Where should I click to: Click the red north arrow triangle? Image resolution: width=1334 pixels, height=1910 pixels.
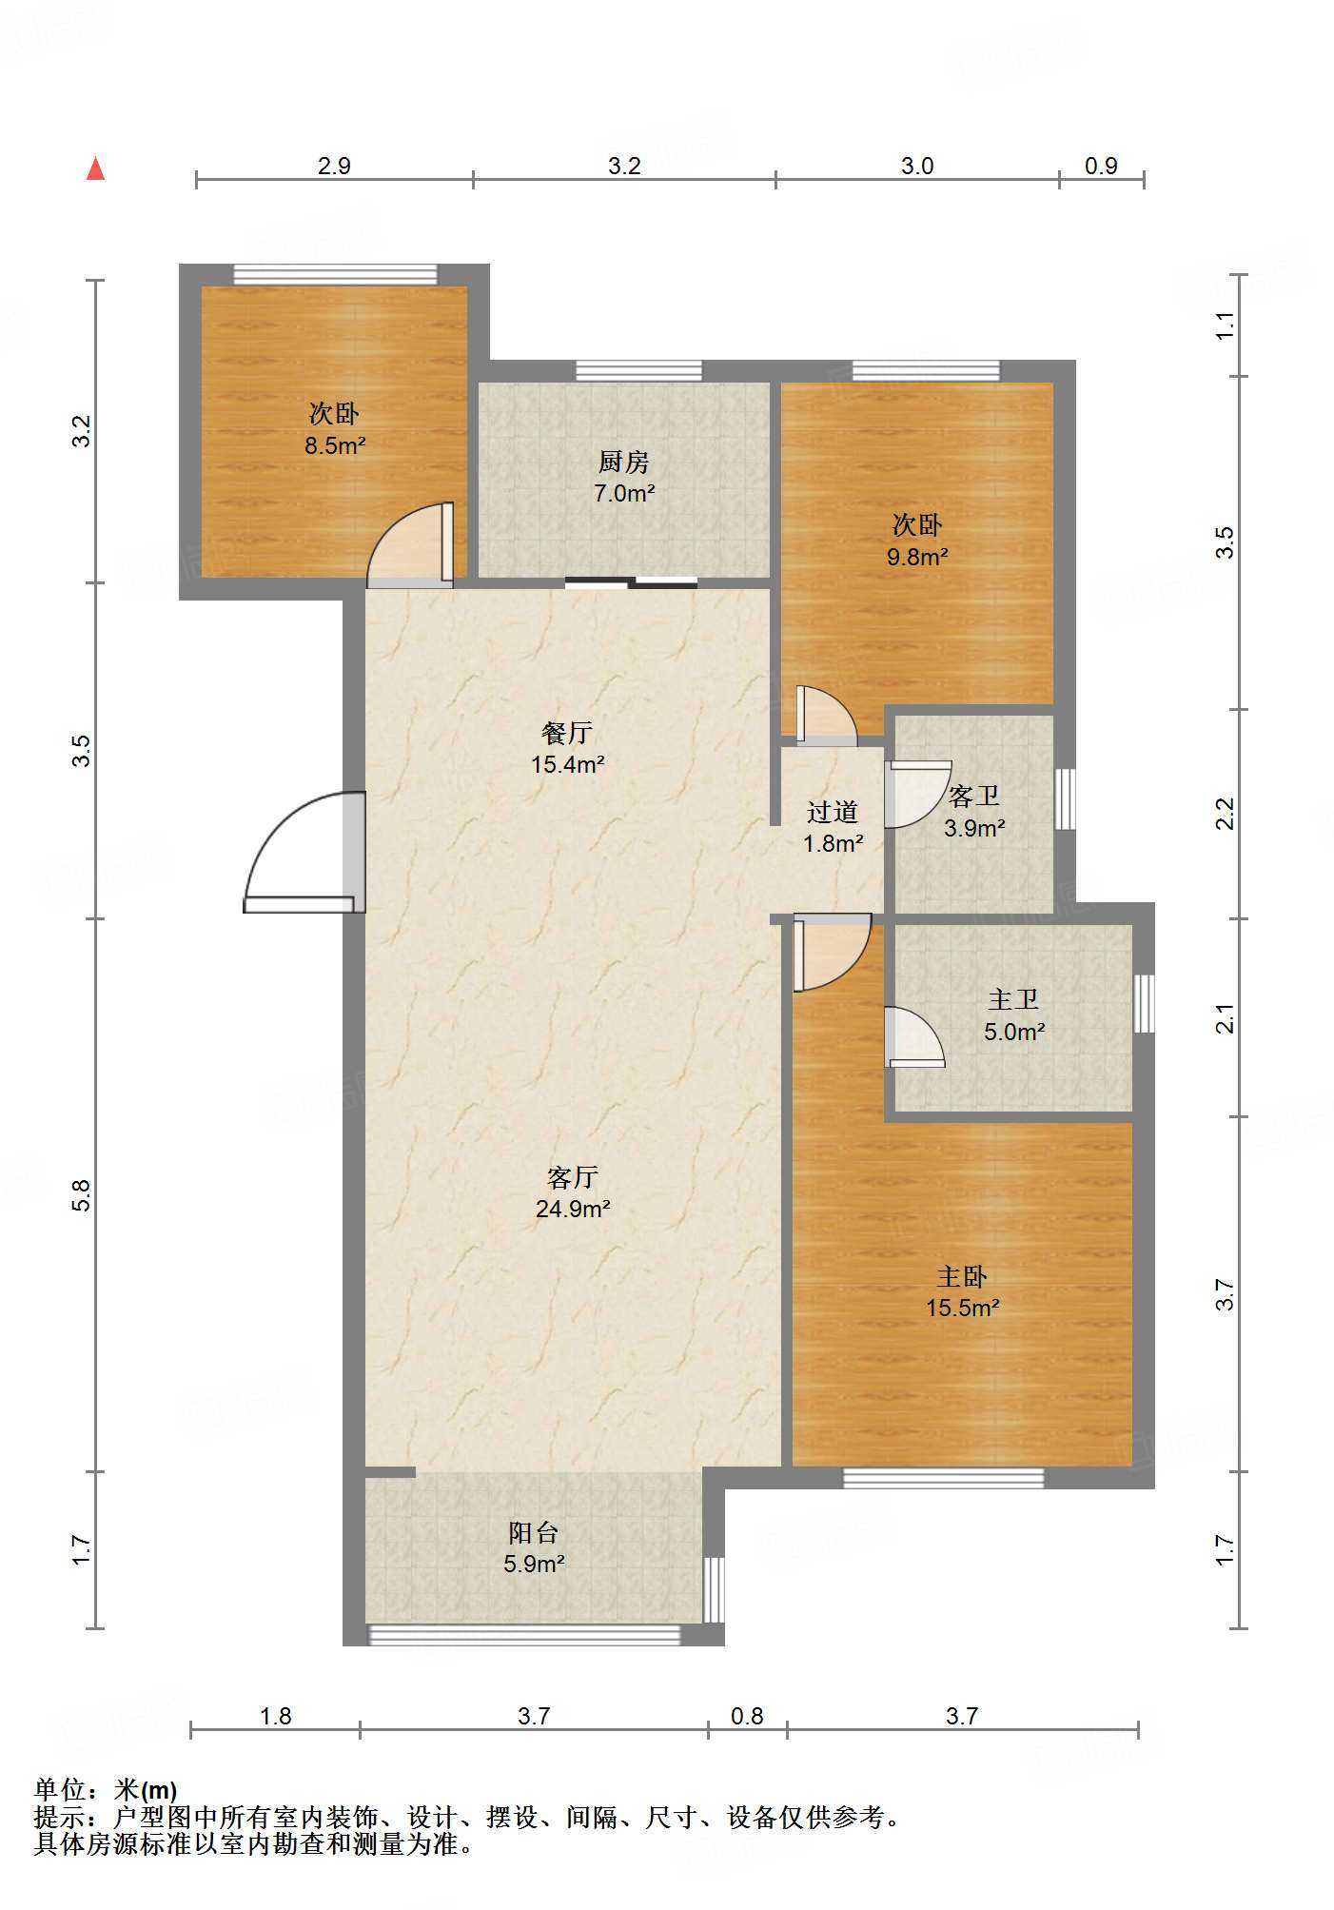coord(95,168)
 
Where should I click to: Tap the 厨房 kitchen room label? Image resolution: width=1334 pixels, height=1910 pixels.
coord(624,462)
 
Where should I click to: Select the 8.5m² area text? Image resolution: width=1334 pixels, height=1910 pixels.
coord(335,445)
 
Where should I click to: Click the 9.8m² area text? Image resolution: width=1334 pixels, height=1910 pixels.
coord(917,557)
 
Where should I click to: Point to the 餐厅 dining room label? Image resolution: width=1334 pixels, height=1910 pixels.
coord(567,733)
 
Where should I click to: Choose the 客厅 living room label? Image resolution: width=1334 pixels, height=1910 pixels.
coord(573,1177)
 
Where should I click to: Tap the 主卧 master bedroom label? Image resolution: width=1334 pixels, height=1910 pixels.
coord(962,1276)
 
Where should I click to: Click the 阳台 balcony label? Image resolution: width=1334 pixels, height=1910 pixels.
coord(534,1532)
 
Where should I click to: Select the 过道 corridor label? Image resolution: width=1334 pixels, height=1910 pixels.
coord(833,812)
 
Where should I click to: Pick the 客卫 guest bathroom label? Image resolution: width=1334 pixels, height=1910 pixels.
coord(974,796)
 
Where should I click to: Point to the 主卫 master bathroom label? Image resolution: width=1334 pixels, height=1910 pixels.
coord(1013,999)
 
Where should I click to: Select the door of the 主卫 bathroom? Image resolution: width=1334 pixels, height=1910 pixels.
coord(914,1036)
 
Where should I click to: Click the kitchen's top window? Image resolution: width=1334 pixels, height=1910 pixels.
coord(639,371)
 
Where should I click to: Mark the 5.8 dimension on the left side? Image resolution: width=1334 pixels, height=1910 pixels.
coord(82,1195)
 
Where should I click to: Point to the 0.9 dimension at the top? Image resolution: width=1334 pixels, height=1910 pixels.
coord(1101,166)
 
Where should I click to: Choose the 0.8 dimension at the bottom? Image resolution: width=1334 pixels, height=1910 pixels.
coord(747,1716)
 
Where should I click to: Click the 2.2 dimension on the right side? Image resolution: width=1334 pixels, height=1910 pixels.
coord(1225,815)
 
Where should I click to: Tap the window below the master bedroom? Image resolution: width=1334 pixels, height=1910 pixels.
coord(944,1478)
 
